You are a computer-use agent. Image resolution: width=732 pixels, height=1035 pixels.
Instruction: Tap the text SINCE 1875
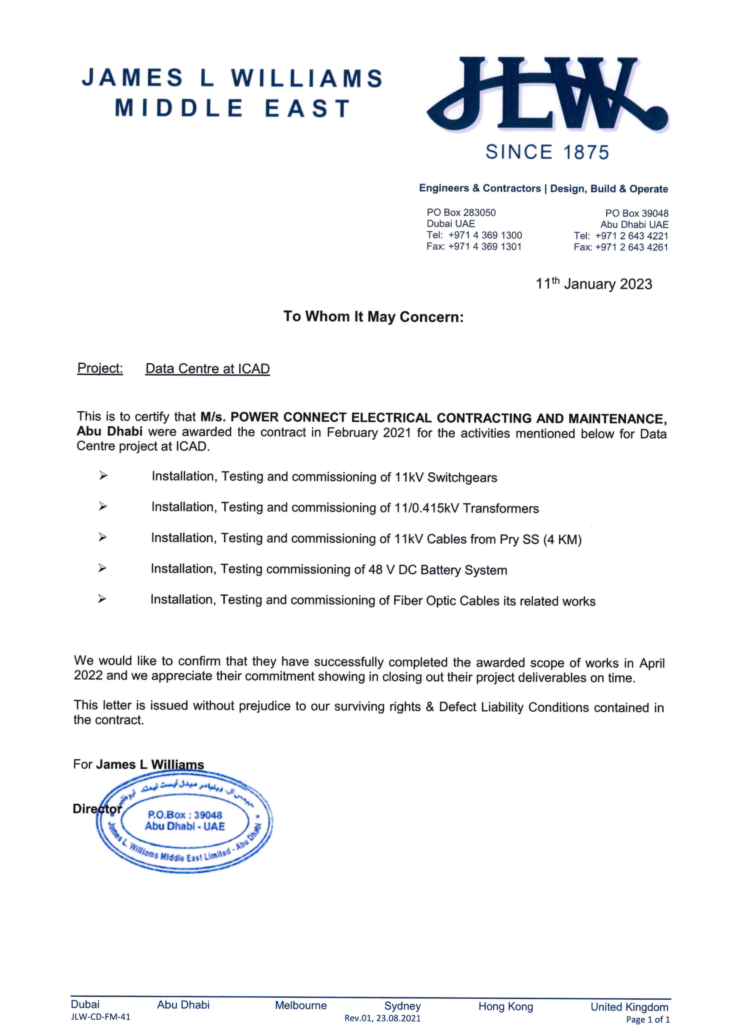pyautogui.click(x=547, y=152)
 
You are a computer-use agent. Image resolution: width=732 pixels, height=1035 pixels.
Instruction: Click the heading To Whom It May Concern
pyautogui.click(x=373, y=317)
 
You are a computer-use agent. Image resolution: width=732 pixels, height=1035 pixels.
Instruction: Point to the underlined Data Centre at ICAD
pyautogui.click(x=207, y=369)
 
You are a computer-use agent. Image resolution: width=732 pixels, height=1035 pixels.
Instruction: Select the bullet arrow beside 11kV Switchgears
pyautogui.click(x=103, y=476)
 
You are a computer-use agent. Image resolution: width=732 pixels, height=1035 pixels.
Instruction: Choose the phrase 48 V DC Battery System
pyautogui.click(x=437, y=570)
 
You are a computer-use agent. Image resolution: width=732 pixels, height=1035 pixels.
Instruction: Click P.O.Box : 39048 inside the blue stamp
pyautogui.click(x=185, y=815)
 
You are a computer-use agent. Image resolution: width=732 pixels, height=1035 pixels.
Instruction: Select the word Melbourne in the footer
pyautogui.click(x=301, y=1006)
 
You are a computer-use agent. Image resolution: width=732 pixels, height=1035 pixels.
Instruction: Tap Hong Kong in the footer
pyautogui.click(x=506, y=1007)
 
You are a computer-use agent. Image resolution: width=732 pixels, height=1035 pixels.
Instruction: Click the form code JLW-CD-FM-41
pyautogui.click(x=101, y=1017)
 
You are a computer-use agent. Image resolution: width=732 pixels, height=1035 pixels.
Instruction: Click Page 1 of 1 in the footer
pyautogui.click(x=648, y=1020)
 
